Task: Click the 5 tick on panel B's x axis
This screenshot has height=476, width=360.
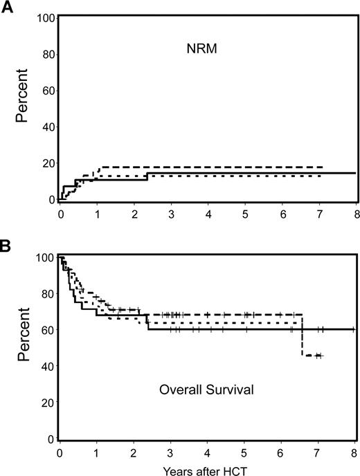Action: click(x=244, y=450)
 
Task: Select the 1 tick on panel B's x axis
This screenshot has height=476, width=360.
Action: click(x=97, y=450)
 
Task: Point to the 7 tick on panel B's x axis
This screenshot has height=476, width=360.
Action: click(x=318, y=450)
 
